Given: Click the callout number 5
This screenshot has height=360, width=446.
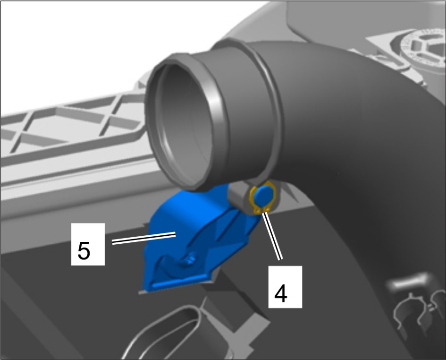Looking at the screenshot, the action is (x=84, y=251).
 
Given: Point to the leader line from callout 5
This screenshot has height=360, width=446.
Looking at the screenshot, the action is (x=143, y=238).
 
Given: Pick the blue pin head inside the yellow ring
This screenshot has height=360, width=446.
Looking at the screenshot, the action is (x=263, y=196).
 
